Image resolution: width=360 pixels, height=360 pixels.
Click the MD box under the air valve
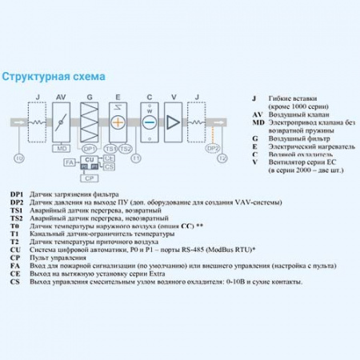[x=61, y=149]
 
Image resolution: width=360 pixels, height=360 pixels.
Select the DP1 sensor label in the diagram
[x=89, y=149]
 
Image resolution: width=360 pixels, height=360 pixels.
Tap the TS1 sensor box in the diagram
[x=110, y=149]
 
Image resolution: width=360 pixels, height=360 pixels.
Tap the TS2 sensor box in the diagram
[x=125, y=149]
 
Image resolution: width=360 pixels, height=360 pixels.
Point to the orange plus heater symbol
[x=118, y=122]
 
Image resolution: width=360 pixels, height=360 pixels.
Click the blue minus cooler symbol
[x=148, y=122]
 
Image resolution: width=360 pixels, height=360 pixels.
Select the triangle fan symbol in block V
[x=174, y=122]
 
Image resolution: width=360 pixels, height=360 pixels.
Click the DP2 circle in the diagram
[x=212, y=148]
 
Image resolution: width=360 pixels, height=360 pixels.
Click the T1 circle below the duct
[x=136, y=158]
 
